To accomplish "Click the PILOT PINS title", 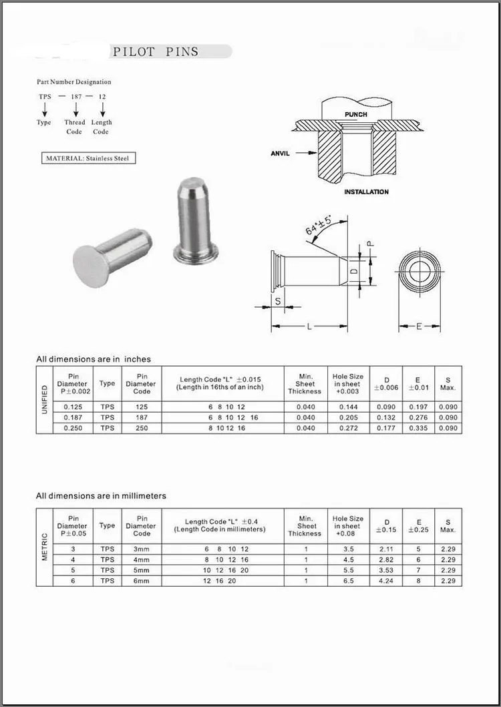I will (x=156, y=51).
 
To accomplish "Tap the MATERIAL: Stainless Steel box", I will (x=87, y=158).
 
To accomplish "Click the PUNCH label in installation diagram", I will (x=355, y=114).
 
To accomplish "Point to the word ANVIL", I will (x=280, y=154).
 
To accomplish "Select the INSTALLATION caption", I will (x=366, y=192).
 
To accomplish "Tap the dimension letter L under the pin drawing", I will (x=309, y=326).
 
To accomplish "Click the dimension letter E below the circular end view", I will (x=418, y=326).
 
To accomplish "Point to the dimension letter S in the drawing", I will (x=278, y=302).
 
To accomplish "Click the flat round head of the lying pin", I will (x=91, y=266).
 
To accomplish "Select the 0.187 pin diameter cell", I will (x=73, y=417).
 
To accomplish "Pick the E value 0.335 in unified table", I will (x=418, y=428).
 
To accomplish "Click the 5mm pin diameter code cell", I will (x=142, y=570).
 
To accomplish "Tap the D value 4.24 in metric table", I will (x=386, y=581).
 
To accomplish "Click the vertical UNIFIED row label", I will (x=45, y=399).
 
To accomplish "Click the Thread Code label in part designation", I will (x=74, y=127).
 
